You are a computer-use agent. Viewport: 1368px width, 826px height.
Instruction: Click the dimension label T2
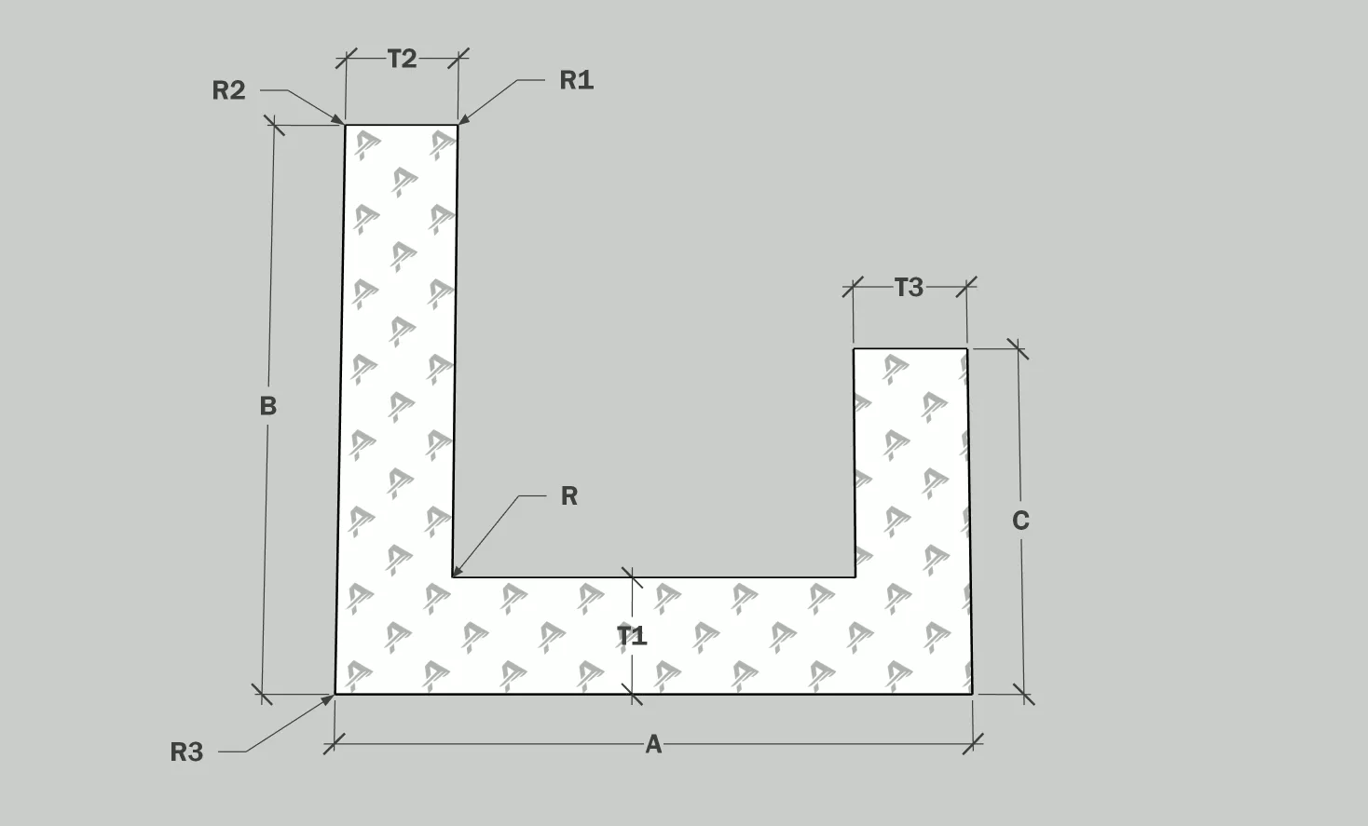coord(402,60)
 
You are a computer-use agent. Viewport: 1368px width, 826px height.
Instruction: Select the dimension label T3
coord(909,288)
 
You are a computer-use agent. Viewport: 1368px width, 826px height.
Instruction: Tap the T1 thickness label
coord(632,636)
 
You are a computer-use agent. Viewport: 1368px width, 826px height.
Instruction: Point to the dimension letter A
coord(653,745)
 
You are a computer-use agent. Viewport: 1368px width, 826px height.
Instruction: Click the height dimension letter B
coord(267,406)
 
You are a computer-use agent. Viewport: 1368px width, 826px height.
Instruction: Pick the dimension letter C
coord(1020,521)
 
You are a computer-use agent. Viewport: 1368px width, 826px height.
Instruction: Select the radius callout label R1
coord(576,81)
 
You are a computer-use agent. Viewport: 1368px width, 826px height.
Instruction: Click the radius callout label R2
coord(228,90)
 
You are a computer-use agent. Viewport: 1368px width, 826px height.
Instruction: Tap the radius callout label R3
coord(186,752)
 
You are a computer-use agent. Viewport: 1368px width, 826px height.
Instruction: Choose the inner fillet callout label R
coord(569,496)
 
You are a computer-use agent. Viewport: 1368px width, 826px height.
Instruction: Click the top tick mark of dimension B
coord(274,125)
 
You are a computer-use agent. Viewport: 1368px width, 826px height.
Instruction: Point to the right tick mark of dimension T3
coord(967,287)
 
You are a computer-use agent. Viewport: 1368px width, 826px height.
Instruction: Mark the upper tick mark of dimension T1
coord(632,578)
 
